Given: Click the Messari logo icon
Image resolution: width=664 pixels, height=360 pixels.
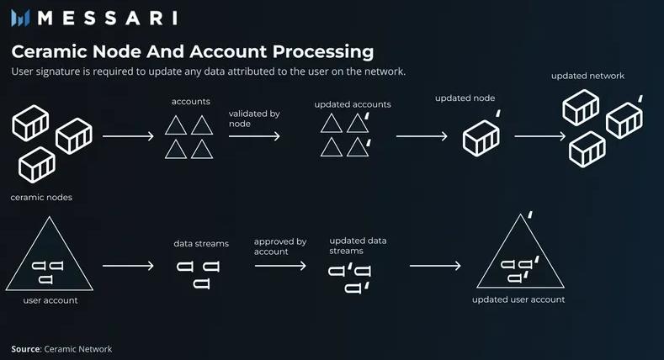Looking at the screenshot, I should click(22, 19).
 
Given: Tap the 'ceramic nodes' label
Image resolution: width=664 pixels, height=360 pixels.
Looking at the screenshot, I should click(41, 198).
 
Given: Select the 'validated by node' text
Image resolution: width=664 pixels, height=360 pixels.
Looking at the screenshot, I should click(254, 118).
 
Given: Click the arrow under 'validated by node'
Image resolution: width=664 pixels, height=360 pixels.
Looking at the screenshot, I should click(255, 135).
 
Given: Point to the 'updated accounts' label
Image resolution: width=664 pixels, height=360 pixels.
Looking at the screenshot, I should click(353, 104).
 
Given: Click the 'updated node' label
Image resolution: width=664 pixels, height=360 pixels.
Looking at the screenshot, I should click(465, 98).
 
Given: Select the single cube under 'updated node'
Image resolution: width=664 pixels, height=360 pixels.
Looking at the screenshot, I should click(481, 137).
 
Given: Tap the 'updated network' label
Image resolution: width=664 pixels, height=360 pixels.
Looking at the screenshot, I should click(587, 76).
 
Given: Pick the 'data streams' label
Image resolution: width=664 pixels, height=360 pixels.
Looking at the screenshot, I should click(201, 244).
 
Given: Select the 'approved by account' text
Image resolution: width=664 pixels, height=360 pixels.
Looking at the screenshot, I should click(280, 246).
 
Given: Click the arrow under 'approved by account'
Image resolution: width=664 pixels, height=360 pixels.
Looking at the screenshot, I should click(280, 266).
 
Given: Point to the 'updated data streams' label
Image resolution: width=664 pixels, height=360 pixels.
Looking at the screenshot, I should click(358, 246).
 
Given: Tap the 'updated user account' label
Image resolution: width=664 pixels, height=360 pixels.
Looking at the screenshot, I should click(518, 299).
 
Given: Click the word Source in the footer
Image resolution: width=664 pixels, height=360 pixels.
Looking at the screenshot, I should click(25, 349).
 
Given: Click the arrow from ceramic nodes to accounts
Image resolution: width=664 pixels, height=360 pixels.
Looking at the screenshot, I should click(128, 135).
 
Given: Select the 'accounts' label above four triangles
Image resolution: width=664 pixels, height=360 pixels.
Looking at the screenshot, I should click(190, 102).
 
